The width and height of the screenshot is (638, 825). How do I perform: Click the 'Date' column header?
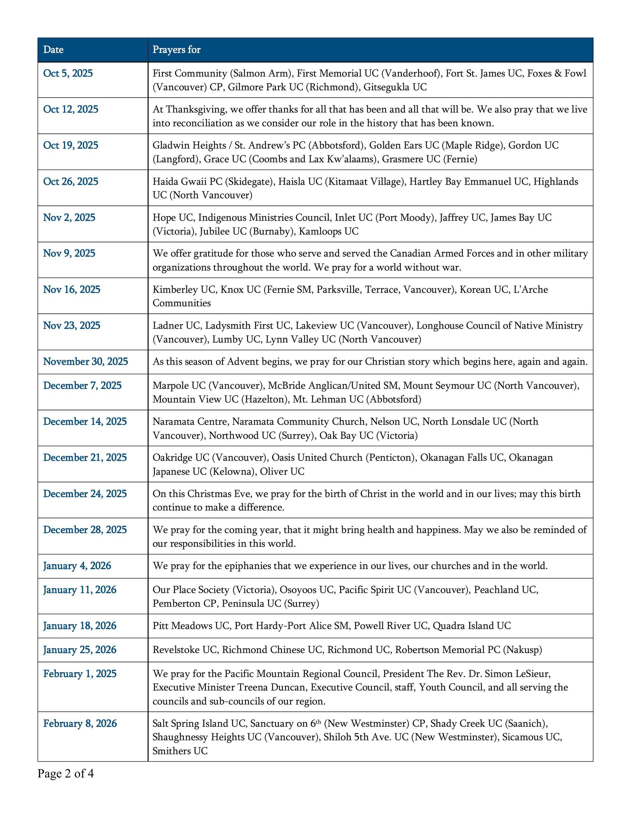(53, 50)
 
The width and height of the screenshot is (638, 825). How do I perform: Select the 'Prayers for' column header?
(176, 50)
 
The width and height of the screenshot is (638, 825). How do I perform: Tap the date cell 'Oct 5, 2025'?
(68, 73)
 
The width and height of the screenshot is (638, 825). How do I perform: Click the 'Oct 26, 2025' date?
(71, 181)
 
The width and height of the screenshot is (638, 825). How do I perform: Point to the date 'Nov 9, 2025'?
(69, 253)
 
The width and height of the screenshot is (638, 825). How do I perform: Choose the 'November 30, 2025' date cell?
(85, 362)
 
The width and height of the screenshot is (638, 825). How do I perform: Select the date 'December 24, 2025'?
(85, 494)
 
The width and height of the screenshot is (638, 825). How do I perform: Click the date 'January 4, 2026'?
(77, 565)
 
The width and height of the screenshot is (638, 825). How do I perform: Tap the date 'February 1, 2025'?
(80, 674)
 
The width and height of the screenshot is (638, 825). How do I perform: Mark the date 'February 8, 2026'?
(80, 723)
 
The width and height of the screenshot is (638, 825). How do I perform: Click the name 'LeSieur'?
(531, 674)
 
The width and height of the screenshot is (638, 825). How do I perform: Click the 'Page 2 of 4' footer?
(65, 774)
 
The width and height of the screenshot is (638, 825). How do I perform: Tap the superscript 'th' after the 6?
(319, 721)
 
